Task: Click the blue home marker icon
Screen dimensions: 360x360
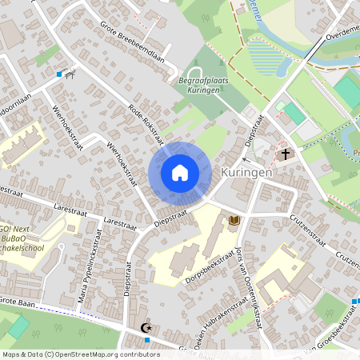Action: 180,173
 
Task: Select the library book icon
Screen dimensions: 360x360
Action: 234,219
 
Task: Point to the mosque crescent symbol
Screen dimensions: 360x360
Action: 146,327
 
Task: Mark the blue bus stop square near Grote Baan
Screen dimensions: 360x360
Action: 147,339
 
